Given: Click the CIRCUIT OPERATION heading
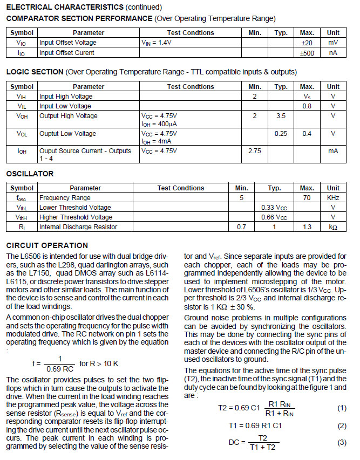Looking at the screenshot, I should click(x=47, y=245).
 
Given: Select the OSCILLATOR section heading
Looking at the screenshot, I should click(x=30, y=174).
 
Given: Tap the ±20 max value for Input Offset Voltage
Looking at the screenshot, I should click(x=307, y=43).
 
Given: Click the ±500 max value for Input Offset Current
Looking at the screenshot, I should click(x=307, y=53).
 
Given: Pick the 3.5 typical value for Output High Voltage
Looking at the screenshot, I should click(x=281, y=116).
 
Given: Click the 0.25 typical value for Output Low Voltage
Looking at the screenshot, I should click(x=281, y=134).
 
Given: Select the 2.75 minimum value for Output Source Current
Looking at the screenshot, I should click(x=255, y=152).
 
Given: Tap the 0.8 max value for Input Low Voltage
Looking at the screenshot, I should click(x=307, y=106).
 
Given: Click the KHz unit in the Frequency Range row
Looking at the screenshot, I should click(x=333, y=198).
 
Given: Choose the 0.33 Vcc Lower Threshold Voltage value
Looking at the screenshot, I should click(x=274, y=208).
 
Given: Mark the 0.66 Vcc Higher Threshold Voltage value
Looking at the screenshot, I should click(x=274, y=217).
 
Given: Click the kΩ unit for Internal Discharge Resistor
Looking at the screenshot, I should click(x=333, y=228).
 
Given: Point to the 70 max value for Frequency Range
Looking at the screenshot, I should click(x=307, y=198).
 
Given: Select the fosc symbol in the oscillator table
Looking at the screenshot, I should click(x=22, y=198).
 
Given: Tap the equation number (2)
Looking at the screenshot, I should click(x=342, y=425).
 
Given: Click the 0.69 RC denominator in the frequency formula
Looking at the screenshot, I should click(x=59, y=368).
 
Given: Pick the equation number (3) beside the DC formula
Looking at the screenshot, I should click(x=342, y=443).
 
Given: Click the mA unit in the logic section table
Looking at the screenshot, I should click(x=333, y=152).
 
